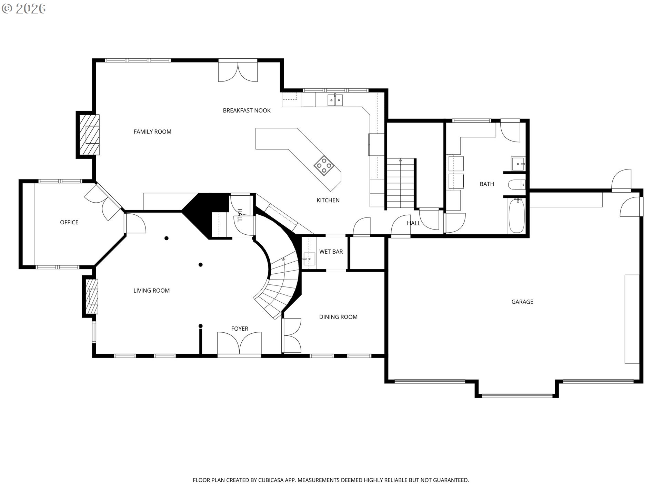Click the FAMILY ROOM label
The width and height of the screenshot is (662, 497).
click(x=152, y=131)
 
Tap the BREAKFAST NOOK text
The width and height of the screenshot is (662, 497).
click(x=247, y=110)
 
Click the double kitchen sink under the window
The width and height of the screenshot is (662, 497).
click(x=335, y=100)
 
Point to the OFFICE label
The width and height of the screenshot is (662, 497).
click(x=69, y=222)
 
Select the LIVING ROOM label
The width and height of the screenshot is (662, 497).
click(x=151, y=291)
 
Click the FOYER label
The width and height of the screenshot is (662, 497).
click(x=240, y=329)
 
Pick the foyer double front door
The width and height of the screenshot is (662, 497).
click(x=239, y=343)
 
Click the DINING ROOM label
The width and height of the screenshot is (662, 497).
click(x=338, y=317)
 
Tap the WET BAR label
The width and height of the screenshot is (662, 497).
click(x=331, y=252)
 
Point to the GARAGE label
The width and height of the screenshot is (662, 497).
click(x=522, y=302)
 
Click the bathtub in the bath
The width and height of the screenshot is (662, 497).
click(x=516, y=216)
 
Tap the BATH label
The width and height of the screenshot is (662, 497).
click(x=487, y=184)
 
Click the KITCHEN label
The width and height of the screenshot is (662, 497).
click(x=328, y=200)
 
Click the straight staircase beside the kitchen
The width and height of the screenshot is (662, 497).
click(x=400, y=184)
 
